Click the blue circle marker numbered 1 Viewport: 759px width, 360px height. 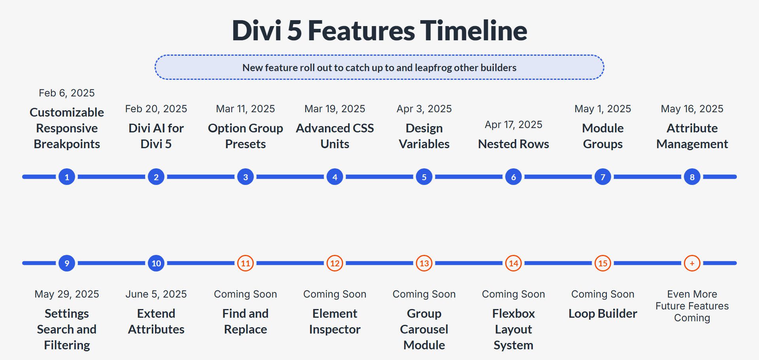[x=67, y=177]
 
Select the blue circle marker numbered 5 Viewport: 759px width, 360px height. [x=424, y=177]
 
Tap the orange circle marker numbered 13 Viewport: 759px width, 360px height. [x=424, y=263]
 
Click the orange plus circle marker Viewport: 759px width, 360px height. [x=692, y=263]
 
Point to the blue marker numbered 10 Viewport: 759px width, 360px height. [x=156, y=263]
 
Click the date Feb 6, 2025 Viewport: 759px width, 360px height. [x=67, y=93]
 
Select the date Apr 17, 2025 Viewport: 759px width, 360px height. [x=513, y=124]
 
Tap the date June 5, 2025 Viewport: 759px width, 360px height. [x=156, y=294]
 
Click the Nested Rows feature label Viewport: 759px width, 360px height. [x=513, y=144]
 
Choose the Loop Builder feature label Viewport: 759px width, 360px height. [x=602, y=313]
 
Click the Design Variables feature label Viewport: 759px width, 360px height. [x=424, y=136]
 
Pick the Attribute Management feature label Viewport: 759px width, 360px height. [x=692, y=136]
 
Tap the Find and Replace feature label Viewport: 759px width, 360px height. [x=245, y=321]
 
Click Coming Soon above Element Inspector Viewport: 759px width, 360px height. [x=335, y=294]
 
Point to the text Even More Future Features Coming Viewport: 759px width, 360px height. [x=692, y=306]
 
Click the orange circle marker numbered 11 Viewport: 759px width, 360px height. [x=245, y=263]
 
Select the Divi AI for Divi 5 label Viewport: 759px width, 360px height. [x=156, y=136]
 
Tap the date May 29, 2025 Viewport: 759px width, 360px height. [x=67, y=294]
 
